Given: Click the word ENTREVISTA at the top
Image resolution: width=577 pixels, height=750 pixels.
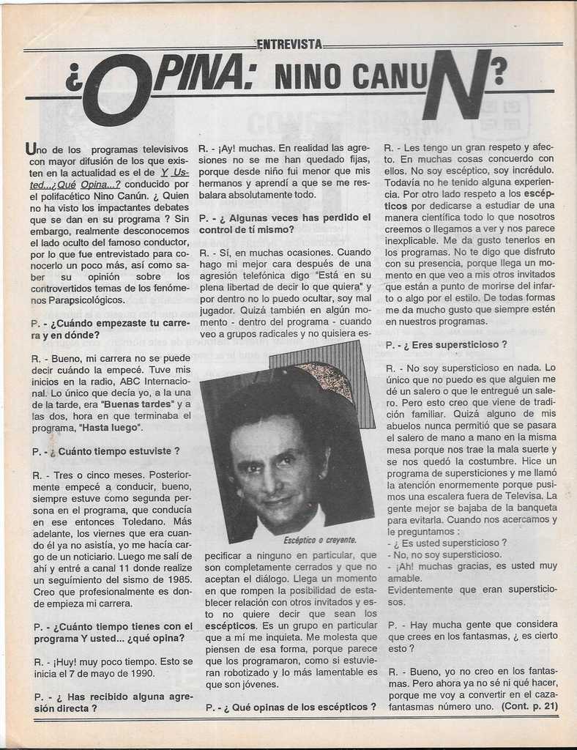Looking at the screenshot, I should (289, 45).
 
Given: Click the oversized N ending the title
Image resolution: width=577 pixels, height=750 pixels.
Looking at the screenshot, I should (455, 86).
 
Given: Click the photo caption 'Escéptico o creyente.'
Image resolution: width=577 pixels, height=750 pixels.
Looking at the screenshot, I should (320, 540).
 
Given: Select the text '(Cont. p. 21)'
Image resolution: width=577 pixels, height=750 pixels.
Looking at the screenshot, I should (529, 706).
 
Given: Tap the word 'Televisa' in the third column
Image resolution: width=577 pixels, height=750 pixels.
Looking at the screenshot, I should (523, 496).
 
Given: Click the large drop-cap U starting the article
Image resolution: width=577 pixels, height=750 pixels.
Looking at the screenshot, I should (30, 149).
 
